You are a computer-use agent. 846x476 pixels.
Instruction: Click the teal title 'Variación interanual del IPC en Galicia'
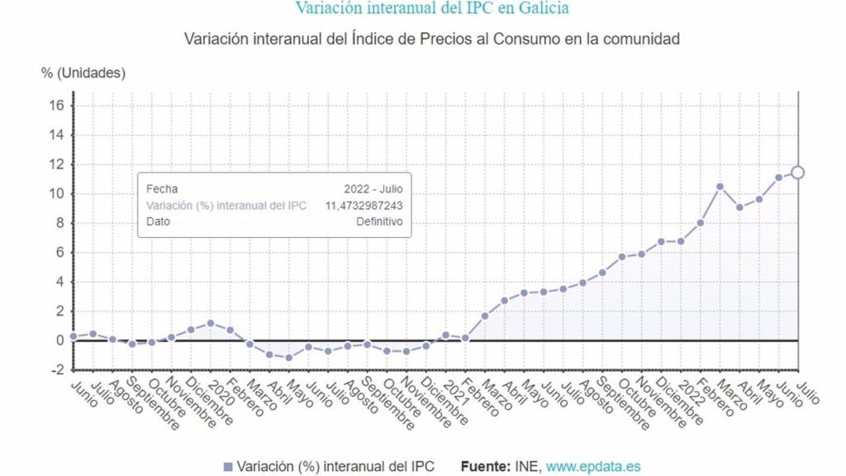point(432,8)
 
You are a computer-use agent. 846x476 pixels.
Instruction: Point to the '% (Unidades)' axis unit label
point(83,73)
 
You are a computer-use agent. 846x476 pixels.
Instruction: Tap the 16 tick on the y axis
point(56,106)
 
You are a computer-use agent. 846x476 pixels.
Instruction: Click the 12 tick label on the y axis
point(56,164)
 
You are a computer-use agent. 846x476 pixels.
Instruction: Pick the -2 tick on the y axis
point(56,370)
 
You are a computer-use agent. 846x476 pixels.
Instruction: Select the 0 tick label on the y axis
point(59,340)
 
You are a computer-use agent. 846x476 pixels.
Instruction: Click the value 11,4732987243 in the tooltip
point(364,206)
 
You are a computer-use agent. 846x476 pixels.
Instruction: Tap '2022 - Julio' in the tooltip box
point(373,189)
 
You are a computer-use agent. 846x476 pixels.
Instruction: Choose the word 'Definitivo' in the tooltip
point(379,221)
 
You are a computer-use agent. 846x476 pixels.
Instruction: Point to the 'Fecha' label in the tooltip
point(162,189)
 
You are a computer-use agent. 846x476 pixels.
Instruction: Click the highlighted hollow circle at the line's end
point(797,173)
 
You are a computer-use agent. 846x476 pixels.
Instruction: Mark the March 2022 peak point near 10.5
point(720,187)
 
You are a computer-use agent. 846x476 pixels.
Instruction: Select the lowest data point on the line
point(289,357)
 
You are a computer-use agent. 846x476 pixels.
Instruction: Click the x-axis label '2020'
point(221,392)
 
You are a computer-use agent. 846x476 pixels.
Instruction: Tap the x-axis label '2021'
point(455,392)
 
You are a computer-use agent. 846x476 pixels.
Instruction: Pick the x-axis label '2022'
point(691,392)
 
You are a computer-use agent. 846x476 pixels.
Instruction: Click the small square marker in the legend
point(228,467)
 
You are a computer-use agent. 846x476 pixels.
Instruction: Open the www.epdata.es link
point(593,467)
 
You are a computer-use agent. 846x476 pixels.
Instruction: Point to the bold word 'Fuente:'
point(485,467)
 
